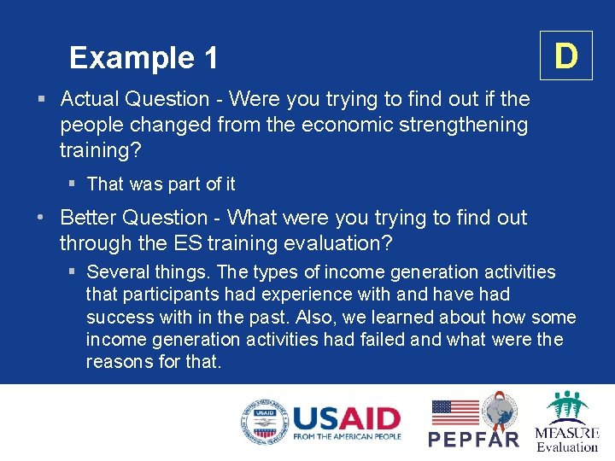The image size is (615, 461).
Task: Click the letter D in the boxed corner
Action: coord(565,56)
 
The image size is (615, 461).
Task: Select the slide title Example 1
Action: coord(143,58)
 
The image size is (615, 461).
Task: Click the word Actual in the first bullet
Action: coord(91,100)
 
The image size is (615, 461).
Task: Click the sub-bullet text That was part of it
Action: coord(161,184)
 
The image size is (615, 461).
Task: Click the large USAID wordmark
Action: coord(346,418)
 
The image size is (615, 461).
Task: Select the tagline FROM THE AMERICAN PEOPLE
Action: coord(346,437)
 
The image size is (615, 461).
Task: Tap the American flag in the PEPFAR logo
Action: coord(454,412)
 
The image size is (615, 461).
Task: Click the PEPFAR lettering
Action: coord(473,439)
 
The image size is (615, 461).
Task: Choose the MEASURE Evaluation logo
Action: coord(566,422)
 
